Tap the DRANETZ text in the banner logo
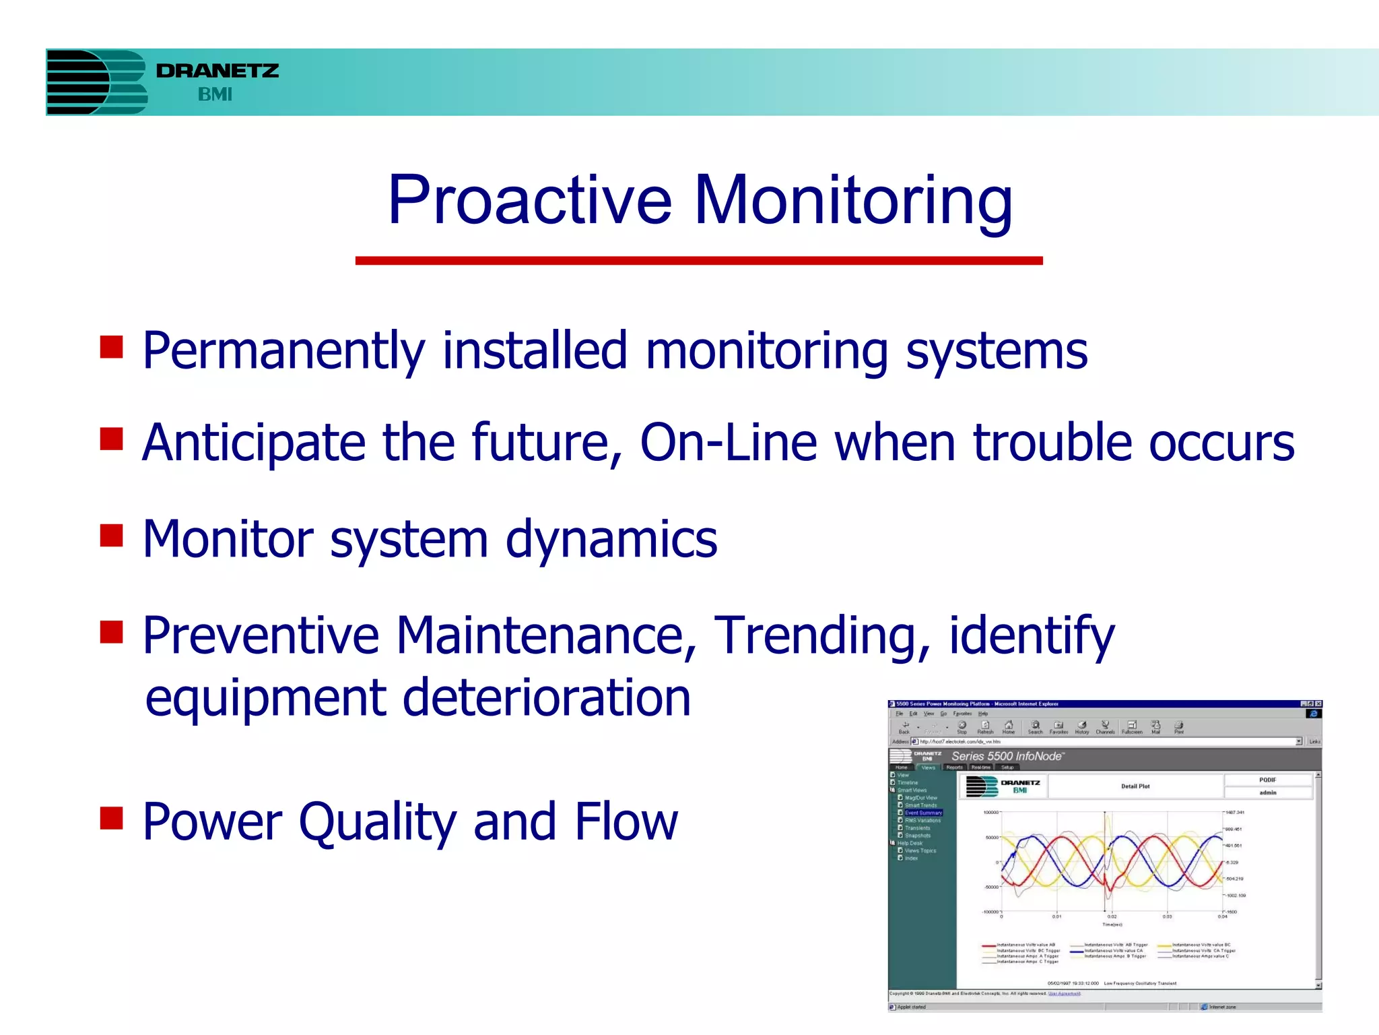(217, 71)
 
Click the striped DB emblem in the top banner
(96, 82)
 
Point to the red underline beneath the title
(698, 260)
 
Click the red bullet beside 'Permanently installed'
(111, 347)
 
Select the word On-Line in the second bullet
(728, 443)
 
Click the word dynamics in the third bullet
(611, 539)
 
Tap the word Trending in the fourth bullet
(821, 635)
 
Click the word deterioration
(546, 697)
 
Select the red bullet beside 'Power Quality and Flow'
(111, 818)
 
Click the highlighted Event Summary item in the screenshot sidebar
(923, 813)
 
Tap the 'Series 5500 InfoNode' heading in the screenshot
(1007, 756)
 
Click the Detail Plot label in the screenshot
(1135, 786)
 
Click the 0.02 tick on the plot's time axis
(1112, 916)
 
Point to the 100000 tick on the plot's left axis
(991, 813)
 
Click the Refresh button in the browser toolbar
(985, 727)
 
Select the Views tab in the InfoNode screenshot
(929, 767)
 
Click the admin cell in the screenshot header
(1268, 792)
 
